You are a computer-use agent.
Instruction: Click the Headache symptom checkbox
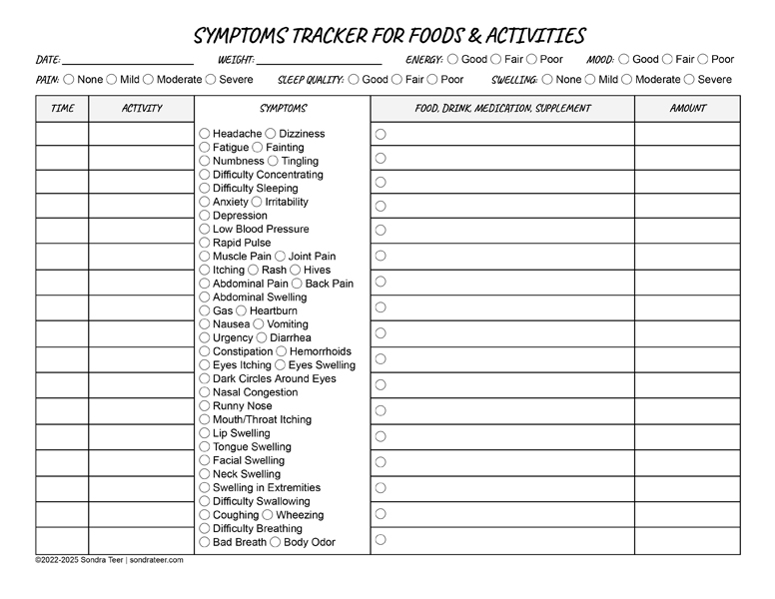coord(205,134)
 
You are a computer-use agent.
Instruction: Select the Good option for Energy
coord(452,60)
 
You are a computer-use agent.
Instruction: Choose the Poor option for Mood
coord(702,60)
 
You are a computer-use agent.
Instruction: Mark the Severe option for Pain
coord(211,80)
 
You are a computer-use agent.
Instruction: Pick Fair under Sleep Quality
coord(397,80)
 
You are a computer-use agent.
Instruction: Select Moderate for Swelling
coord(626,80)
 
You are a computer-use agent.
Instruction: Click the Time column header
coord(62,109)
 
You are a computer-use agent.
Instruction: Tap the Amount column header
coord(687,109)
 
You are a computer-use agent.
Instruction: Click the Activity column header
coord(141,109)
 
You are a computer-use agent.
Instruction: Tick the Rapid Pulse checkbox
coord(205,243)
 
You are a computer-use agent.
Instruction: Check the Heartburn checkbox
coord(242,310)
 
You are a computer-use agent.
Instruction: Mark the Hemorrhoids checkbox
coord(282,351)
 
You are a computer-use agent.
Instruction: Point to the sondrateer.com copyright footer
coord(109,560)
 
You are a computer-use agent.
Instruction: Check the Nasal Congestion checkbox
coord(205,392)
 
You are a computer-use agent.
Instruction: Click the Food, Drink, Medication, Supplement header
coord(502,109)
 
